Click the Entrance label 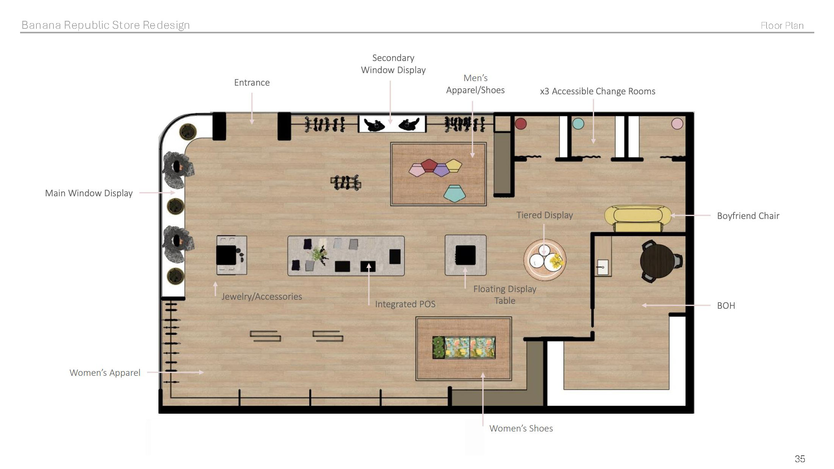[x=252, y=83]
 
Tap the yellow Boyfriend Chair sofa [x=638, y=219]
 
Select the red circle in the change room [x=521, y=124]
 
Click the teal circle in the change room [x=578, y=124]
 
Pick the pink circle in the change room [x=677, y=124]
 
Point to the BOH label [x=726, y=306]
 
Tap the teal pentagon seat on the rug [x=455, y=194]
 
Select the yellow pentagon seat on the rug [x=454, y=166]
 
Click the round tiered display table [x=545, y=260]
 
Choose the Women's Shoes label [x=521, y=428]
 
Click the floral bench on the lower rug [x=464, y=347]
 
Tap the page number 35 [x=800, y=459]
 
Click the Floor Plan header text [x=782, y=25]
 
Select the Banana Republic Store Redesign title [x=106, y=25]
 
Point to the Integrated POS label [x=405, y=304]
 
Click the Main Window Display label [x=89, y=193]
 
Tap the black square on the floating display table [x=466, y=255]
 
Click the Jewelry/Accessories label [x=262, y=297]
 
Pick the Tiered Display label [x=544, y=215]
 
